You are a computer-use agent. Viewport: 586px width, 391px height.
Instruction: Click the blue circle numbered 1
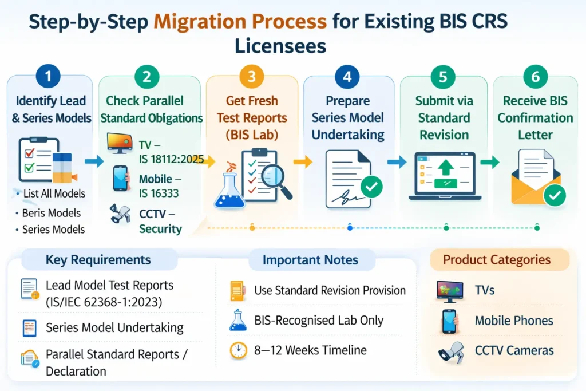pyautogui.click(x=49, y=76)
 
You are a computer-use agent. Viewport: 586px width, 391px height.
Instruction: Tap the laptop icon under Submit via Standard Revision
pyautogui.click(x=443, y=176)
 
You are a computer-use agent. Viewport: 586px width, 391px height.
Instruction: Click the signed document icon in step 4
pyautogui.click(x=347, y=179)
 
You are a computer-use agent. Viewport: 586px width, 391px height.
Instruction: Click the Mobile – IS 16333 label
pyautogui.click(x=159, y=185)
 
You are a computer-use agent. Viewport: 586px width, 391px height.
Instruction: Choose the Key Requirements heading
pyautogui.click(x=98, y=259)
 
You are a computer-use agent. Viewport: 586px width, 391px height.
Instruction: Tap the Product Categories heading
pyautogui.click(x=496, y=259)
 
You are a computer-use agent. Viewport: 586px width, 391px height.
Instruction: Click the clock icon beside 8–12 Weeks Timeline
pyautogui.click(x=238, y=350)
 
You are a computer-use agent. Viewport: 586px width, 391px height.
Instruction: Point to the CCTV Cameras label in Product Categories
pyautogui.click(x=514, y=350)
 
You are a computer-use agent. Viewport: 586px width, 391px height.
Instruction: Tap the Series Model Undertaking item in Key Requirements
pyautogui.click(x=114, y=327)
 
